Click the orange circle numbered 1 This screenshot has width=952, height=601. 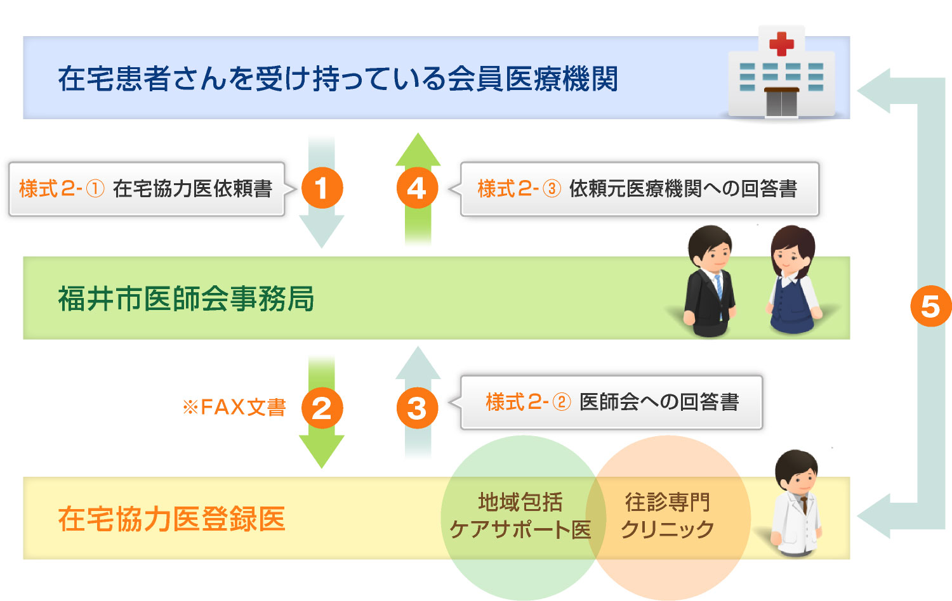tap(322, 188)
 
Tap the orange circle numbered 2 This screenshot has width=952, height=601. tap(322, 408)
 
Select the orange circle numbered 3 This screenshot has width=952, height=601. tap(418, 408)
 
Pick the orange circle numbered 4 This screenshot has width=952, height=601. tap(418, 188)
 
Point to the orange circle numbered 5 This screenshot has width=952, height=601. tap(931, 306)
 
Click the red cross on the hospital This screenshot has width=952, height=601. tap(781, 44)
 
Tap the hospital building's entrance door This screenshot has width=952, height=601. tap(781, 102)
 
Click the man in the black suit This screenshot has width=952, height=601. tap(709, 281)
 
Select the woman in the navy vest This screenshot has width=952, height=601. tap(793, 280)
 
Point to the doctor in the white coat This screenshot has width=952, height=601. tap(797, 503)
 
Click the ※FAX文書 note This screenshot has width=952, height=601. tap(234, 408)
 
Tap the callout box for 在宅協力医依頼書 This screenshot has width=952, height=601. tap(147, 189)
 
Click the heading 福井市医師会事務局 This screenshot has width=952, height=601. tap(186, 299)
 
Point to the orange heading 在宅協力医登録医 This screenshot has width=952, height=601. tap(172, 519)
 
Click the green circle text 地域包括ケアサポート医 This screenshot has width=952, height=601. tap(520, 515)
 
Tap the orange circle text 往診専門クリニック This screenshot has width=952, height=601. tap(667, 515)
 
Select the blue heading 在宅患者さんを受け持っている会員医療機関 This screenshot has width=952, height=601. tap(338, 79)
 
